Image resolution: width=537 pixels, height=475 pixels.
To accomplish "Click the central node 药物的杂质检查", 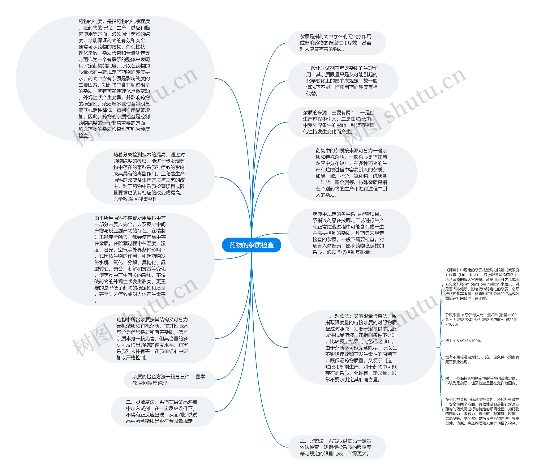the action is pos(252,245).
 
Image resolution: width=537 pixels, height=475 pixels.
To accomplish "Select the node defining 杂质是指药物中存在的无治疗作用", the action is pos(336,43).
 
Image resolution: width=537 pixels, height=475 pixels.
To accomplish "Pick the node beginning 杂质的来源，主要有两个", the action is pos(339,122).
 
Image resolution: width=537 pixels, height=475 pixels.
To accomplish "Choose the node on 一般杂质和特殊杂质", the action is pos(352,173).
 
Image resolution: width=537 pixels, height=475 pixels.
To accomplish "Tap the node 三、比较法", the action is pos(336,447).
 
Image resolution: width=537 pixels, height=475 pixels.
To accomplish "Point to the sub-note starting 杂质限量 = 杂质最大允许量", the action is pos(481,320).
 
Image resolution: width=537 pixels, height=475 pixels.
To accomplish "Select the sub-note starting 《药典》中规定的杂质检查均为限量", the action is pos(482,284).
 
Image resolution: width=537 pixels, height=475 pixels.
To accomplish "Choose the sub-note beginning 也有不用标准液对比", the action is pos(482,359).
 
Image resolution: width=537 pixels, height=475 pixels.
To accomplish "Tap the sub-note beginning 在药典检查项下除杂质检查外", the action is pos(482,411).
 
